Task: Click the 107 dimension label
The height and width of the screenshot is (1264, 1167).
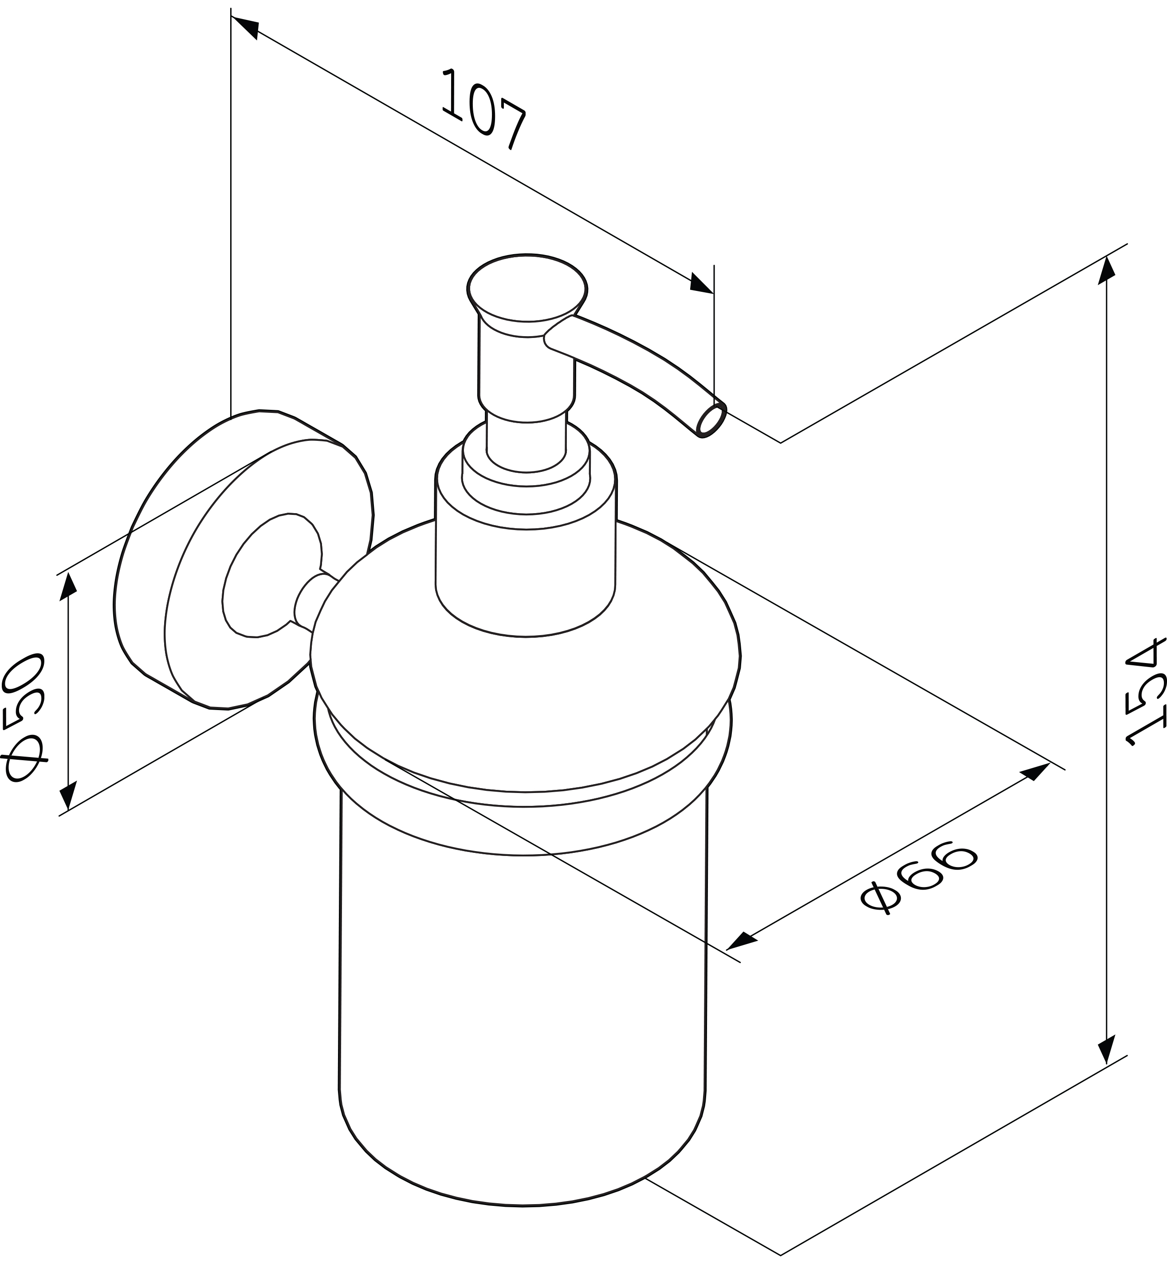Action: (x=484, y=109)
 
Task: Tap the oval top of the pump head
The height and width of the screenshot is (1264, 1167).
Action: (x=527, y=287)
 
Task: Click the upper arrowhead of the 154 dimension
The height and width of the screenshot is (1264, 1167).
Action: (x=1106, y=271)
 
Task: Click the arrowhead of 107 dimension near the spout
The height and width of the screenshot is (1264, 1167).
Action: (x=701, y=283)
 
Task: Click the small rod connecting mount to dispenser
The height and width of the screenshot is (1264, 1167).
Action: (x=314, y=602)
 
